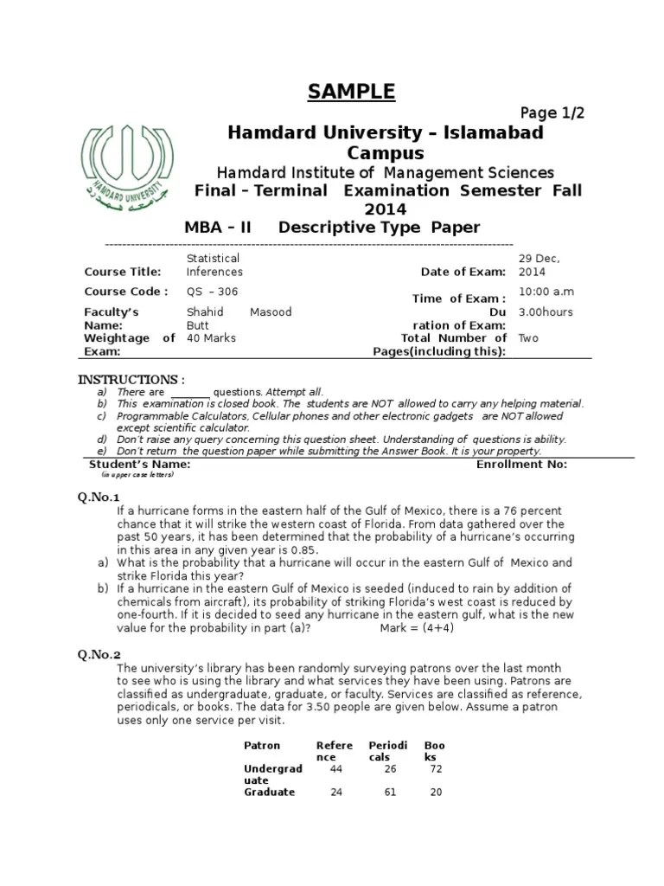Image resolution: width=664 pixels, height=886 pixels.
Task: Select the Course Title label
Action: (x=123, y=272)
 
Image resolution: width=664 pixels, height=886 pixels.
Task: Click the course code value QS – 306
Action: (x=212, y=292)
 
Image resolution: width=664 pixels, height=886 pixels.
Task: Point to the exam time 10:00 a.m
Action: (x=546, y=292)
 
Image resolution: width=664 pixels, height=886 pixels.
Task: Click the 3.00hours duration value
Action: (x=545, y=312)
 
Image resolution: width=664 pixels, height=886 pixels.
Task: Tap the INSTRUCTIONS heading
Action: (x=131, y=380)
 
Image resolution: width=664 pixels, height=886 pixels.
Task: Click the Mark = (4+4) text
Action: (x=417, y=628)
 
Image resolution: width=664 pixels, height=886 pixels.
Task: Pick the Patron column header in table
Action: (x=262, y=745)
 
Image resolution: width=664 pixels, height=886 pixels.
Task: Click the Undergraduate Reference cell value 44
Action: (x=336, y=768)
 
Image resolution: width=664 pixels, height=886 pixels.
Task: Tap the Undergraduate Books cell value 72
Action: (x=436, y=768)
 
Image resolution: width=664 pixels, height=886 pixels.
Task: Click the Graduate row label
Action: (x=269, y=792)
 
